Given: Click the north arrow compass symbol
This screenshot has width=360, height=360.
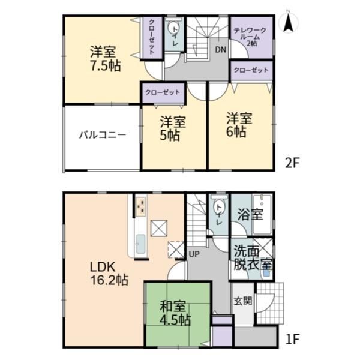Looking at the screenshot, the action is (x=289, y=21).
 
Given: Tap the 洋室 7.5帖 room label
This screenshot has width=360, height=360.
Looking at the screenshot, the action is (x=106, y=59).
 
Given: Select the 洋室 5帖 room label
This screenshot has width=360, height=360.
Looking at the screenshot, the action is (x=173, y=128).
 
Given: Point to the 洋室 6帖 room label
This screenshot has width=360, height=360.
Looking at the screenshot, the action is (x=239, y=125).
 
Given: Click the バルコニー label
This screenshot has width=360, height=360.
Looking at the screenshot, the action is (x=103, y=135).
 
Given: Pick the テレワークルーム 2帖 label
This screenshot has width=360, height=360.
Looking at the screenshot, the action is (x=250, y=37).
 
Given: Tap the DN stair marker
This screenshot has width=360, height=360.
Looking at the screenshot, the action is (x=221, y=50).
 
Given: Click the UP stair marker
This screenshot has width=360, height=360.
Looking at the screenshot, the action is (x=194, y=254).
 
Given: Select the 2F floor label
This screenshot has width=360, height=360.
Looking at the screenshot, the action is (x=292, y=163).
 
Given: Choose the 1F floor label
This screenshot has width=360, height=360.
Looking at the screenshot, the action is (x=293, y=339).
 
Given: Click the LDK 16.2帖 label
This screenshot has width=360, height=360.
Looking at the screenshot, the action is (x=109, y=274).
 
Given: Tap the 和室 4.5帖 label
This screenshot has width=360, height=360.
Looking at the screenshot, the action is (x=175, y=313).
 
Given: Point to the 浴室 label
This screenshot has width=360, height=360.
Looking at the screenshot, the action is (x=250, y=214).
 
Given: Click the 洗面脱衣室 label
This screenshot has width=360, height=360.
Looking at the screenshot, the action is (x=253, y=258).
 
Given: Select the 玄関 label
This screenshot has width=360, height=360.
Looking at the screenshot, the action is (x=242, y=301).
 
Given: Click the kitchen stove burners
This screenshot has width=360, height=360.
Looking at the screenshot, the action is (x=141, y=206).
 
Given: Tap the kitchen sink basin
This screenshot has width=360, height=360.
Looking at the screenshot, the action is (x=140, y=244).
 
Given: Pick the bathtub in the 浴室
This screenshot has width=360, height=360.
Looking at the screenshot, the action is (x=262, y=214).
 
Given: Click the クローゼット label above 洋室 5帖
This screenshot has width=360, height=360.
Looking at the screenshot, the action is (x=163, y=92).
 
